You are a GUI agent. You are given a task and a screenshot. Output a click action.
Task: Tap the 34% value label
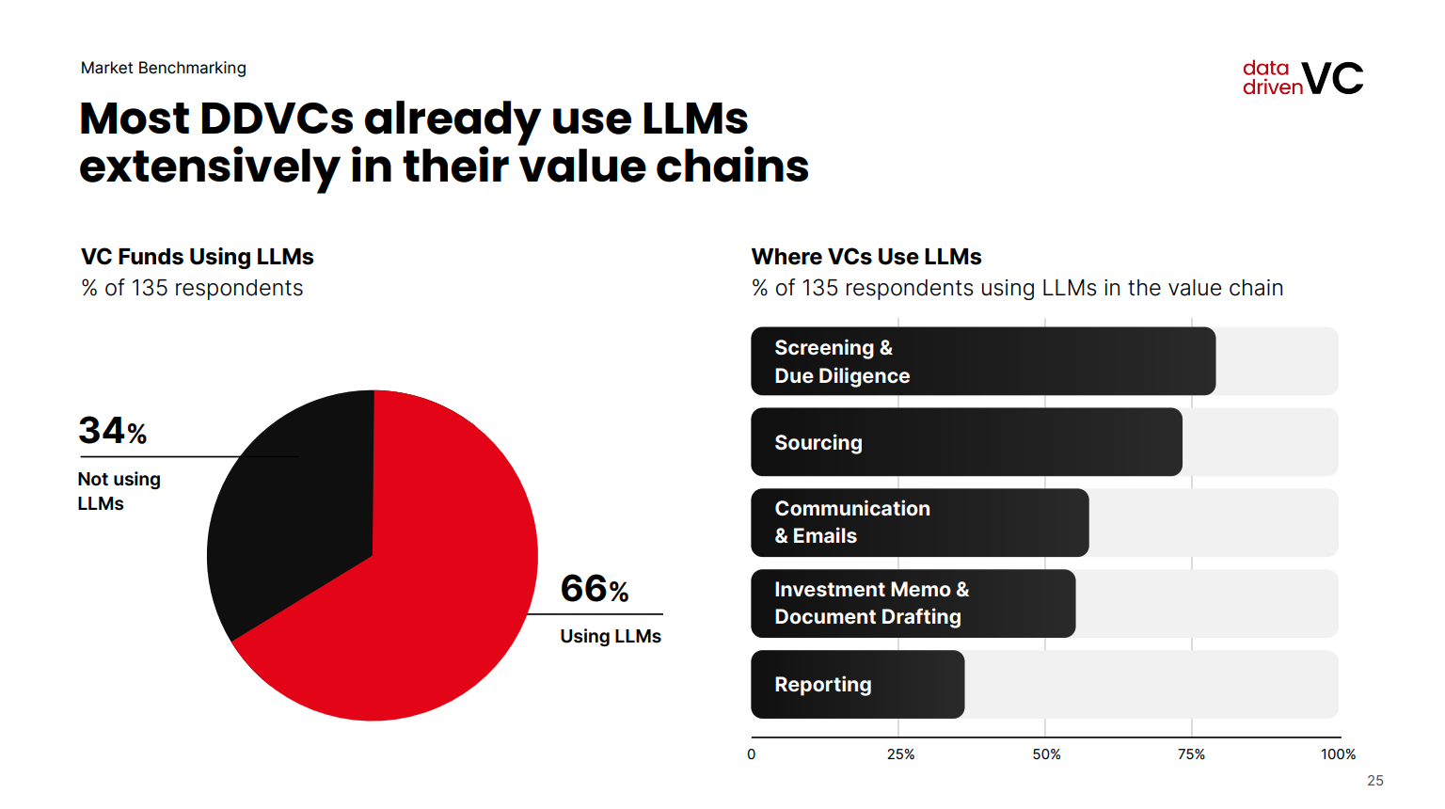tap(112, 431)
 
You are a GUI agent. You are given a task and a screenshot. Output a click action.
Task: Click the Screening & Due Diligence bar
tap(982, 361)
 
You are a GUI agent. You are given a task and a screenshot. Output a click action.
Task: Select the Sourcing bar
tap(966, 442)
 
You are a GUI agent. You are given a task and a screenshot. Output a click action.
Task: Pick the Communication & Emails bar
tap(919, 522)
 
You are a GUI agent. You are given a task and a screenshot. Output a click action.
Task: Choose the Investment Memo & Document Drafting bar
tap(913, 603)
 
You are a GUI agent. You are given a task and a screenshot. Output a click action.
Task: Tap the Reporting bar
tap(857, 685)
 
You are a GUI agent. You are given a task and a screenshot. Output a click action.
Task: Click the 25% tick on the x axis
tap(900, 754)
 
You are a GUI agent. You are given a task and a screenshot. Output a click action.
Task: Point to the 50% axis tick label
tap(1046, 754)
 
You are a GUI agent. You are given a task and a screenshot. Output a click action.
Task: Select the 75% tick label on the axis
tap(1191, 754)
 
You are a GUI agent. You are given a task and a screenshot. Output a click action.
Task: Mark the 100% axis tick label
tap(1338, 754)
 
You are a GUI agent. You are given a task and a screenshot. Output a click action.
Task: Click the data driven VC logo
tap(1302, 78)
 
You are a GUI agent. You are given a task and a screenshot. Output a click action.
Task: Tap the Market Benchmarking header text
tap(164, 68)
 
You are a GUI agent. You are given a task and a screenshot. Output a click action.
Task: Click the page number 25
tap(1375, 781)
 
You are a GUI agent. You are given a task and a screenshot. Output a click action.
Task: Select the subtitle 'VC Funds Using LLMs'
tap(198, 257)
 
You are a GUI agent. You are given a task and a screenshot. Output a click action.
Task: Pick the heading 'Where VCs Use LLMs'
tap(866, 257)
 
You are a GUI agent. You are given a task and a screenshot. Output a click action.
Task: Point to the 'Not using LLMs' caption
tap(119, 491)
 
